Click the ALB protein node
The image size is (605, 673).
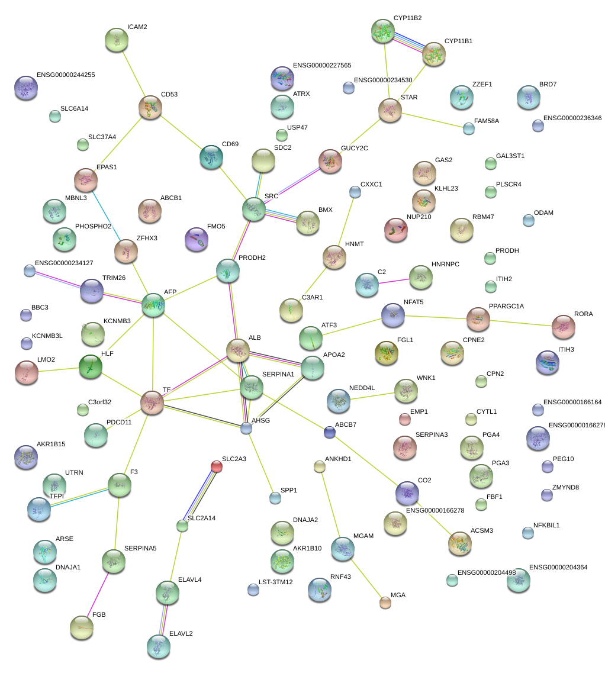pyautogui.click(x=238, y=351)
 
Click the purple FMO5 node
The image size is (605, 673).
pyautogui.click(x=197, y=239)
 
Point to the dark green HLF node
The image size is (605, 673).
pyautogui.click(x=91, y=367)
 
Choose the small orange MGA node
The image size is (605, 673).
pyautogui.click(x=385, y=603)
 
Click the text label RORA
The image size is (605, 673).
pyautogui.click(x=583, y=314)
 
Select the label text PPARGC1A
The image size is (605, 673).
pyautogui.click(x=506, y=306)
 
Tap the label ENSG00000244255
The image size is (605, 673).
pyautogui.click(x=66, y=75)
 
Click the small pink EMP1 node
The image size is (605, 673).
pyautogui.click(x=405, y=420)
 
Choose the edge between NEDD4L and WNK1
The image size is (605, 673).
pyautogui.click(x=372, y=395)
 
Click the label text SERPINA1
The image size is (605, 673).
pyautogui.click(x=278, y=375)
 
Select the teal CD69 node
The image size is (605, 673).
pyautogui.click(x=211, y=157)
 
